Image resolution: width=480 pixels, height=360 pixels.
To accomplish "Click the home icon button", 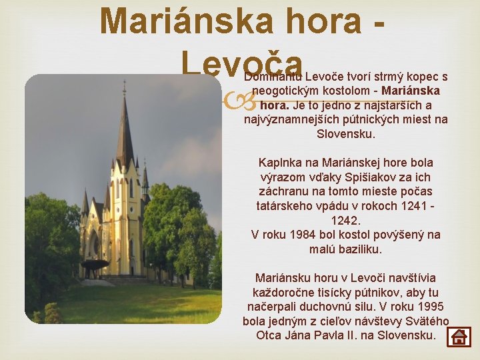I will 459,336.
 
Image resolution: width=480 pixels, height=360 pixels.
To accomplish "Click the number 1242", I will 345,220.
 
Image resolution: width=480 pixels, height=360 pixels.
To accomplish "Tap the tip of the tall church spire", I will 124,83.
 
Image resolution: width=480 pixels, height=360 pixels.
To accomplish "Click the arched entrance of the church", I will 93,246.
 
